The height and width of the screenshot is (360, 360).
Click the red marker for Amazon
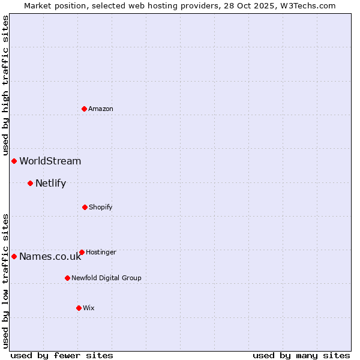pos(84,109)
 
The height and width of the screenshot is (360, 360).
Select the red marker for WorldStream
pos(14,161)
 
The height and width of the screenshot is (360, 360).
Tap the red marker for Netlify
pos(30,183)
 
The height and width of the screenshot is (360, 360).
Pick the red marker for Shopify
pos(85,207)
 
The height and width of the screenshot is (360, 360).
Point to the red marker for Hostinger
pos(82,252)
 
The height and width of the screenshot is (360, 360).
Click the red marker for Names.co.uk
pos(14,256)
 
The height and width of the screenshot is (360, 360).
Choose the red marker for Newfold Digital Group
pos(67,278)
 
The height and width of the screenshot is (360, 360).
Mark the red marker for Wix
pos(79,308)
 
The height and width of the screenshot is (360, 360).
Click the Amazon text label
pos(101,109)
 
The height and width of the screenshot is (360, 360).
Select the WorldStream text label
pos(50,161)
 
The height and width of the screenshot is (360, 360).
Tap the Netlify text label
pos(51,183)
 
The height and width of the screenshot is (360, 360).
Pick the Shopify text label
pos(101,207)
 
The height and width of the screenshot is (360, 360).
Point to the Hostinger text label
pos(101,252)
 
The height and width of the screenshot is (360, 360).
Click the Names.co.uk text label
pos(50,256)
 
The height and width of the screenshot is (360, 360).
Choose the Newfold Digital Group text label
pos(107,278)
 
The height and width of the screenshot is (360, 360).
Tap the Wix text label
pos(89,308)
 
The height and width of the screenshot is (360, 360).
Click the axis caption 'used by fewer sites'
pos(62,355)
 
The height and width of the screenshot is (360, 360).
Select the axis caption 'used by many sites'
pos(301,355)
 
